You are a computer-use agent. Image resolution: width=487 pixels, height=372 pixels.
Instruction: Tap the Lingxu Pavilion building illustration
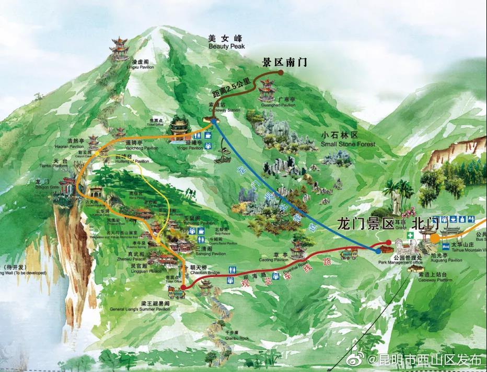[120, 49]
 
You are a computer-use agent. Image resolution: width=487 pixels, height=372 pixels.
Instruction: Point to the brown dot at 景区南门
[281, 73]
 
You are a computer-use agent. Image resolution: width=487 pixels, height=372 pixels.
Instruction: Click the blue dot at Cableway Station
[213, 121]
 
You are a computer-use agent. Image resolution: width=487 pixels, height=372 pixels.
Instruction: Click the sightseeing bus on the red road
[349, 255]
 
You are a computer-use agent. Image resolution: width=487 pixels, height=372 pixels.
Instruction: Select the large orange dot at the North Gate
[435, 238]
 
